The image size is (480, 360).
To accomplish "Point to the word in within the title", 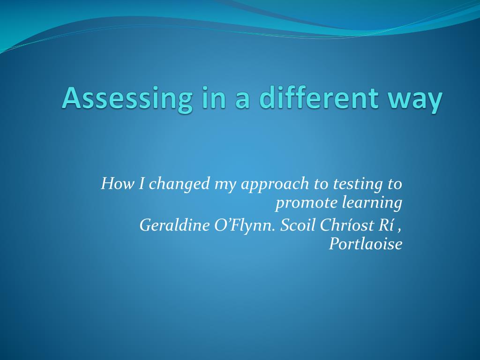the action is tap(214, 97).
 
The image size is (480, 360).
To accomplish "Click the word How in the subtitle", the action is tap(118, 184).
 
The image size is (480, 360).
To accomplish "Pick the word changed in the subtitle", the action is tap(179, 184).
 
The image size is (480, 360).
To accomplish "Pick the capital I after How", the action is tap(142, 184).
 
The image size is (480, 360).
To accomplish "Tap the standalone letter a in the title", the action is tap(242, 101).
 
